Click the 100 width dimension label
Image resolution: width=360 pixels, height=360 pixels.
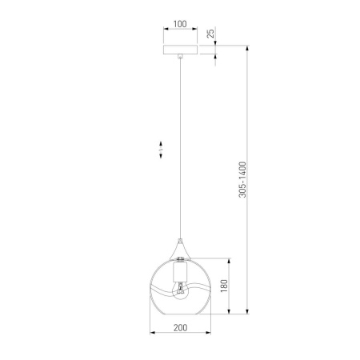pos(180,25)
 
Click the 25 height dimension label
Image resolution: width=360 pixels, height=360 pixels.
pos(210,34)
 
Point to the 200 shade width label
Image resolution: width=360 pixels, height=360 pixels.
pos(180,328)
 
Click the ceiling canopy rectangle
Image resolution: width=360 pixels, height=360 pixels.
pos(181,50)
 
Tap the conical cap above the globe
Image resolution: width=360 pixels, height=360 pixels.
pos(182,249)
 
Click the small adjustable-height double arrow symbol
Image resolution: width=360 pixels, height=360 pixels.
pos(159,150)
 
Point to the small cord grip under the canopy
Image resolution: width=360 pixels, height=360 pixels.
pos(182,57)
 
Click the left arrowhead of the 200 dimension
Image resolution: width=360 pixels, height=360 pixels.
pos(152,334)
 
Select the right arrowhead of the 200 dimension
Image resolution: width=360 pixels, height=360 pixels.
pos(210,334)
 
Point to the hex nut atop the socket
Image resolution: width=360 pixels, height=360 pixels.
pos(182,260)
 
